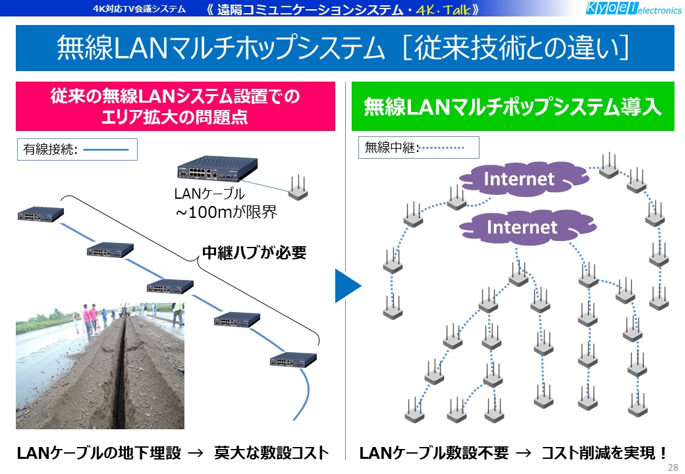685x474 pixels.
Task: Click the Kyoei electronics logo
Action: [x=633, y=9]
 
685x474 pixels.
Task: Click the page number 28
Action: [x=672, y=467]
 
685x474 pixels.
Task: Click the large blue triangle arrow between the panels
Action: [x=348, y=286]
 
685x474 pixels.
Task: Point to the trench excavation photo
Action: [x=100, y=366]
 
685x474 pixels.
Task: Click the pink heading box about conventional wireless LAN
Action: [x=175, y=106]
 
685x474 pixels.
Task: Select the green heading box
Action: [x=513, y=106]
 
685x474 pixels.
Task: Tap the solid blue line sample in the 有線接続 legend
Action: [x=106, y=149]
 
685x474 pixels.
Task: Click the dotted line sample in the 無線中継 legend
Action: [x=442, y=148]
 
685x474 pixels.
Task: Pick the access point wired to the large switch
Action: [x=298, y=188]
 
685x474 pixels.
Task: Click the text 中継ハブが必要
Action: [x=254, y=253]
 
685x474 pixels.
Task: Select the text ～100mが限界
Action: [x=226, y=213]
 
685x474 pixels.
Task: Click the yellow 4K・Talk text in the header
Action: [x=443, y=9]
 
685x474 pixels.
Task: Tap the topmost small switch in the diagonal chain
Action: [x=41, y=214]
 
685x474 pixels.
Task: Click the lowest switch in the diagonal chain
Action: [x=293, y=359]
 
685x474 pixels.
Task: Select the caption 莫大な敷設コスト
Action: [x=271, y=453]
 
